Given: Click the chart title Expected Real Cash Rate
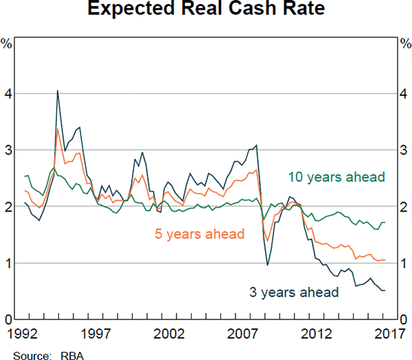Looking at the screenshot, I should (x=205, y=12).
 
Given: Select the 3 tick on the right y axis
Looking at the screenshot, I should (x=404, y=150).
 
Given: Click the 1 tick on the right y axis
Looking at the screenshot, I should (x=404, y=264).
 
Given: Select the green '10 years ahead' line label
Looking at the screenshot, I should (x=335, y=177).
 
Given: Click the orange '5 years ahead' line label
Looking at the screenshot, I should (x=199, y=234).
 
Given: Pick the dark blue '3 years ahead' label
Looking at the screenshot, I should (x=295, y=293).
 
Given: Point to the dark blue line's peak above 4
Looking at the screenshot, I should (x=58, y=91).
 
